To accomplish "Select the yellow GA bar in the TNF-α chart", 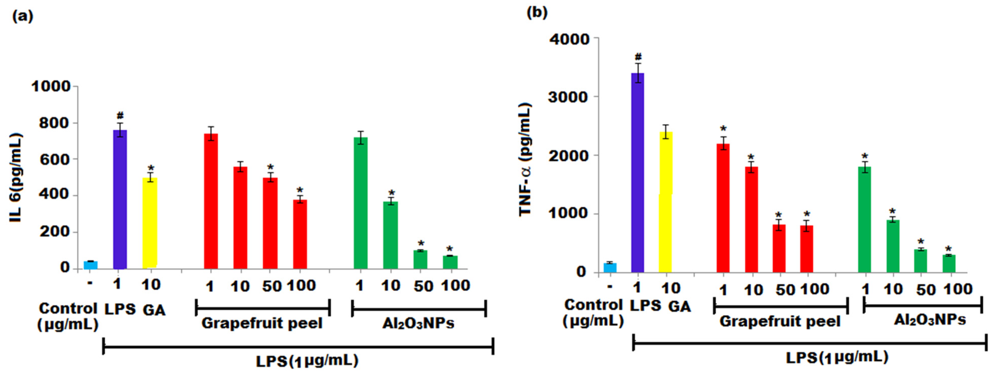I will pyautogui.click(x=665, y=201).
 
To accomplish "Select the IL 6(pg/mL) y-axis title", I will pyautogui.click(x=16, y=178).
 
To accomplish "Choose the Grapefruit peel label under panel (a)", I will pyautogui.click(x=262, y=323).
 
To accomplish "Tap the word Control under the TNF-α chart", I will pyautogui.click(x=593, y=305).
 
